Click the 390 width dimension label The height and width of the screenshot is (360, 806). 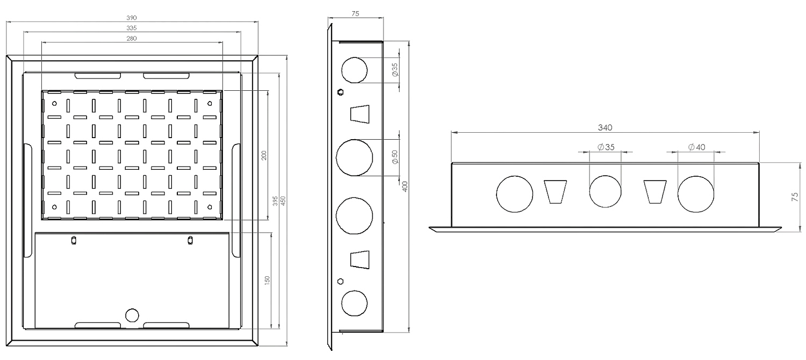click(132, 18)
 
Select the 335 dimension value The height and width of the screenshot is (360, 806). click(132, 28)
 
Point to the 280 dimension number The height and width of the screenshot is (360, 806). click(132, 38)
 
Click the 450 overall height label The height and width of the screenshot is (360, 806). click(283, 200)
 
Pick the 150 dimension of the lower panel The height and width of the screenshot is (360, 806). click(268, 279)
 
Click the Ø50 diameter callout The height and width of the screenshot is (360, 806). click(395, 157)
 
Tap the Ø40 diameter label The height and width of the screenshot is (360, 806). click(696, 147)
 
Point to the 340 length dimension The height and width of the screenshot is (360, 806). click(605, 127)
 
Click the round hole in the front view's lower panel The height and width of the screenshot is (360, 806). click(132, 315)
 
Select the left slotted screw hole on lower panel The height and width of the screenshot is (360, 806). click(74, 240)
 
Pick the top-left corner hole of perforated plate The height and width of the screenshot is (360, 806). click(54, 102)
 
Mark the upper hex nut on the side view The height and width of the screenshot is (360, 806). click(340, 92)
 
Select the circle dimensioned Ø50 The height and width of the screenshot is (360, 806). click(354, 157)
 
